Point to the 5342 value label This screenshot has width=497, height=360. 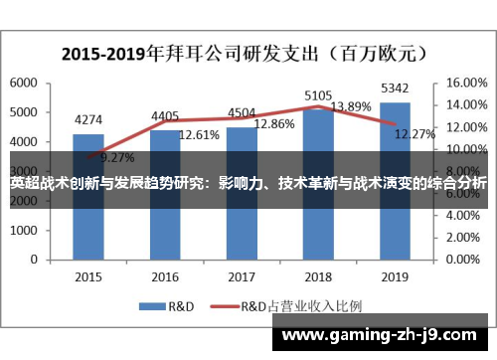point(395,90)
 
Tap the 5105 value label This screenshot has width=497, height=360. point(318,95)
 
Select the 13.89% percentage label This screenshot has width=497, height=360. point(350,106)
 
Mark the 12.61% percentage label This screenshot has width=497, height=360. point(198,134)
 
